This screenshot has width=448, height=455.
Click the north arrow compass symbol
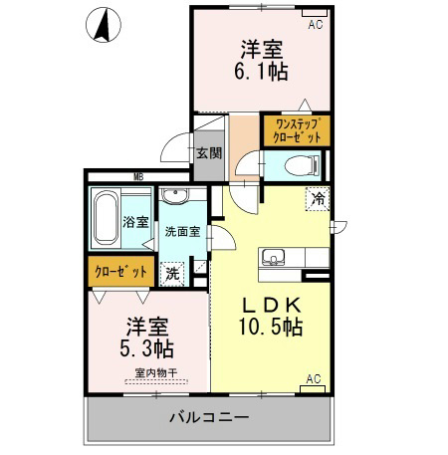pos(104,25)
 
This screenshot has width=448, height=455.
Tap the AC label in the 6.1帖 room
pos(316,24)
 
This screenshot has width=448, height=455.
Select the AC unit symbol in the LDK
pos(313,389)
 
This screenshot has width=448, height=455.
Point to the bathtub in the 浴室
pos(106,217)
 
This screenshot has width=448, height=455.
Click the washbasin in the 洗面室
pos(175,195)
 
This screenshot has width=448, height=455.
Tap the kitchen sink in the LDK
pos(274,258)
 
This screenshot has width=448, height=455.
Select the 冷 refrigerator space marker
pos(318,199)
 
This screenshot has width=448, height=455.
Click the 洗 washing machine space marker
pos(172,274)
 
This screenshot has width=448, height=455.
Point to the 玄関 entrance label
pos(209,153)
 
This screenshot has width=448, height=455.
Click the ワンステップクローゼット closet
pos(297,130)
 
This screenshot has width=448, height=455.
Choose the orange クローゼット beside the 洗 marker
pos(121,272)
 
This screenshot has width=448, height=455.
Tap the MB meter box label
pos(138,177)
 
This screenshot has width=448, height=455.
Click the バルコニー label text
pos(209,417)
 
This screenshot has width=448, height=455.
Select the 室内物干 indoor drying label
pos(156,373)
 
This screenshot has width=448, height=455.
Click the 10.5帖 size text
pos(271,327)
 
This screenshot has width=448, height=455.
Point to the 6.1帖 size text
pos(261,71)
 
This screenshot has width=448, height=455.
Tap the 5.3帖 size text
pos(146,348)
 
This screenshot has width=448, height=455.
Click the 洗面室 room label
pos(183,231)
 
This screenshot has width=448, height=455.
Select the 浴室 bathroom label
pos(135,222)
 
